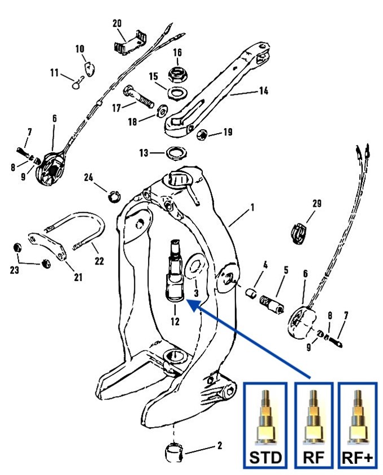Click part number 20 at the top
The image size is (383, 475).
coord(117,24)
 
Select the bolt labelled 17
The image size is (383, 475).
coord(137,96)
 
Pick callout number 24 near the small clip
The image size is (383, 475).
coord(89,177)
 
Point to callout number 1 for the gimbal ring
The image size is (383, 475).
coord(252,208)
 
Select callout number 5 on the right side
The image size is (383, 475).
coord(286,270)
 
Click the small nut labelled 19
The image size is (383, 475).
coord(202,135)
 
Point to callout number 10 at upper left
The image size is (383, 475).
coord(80,49)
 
